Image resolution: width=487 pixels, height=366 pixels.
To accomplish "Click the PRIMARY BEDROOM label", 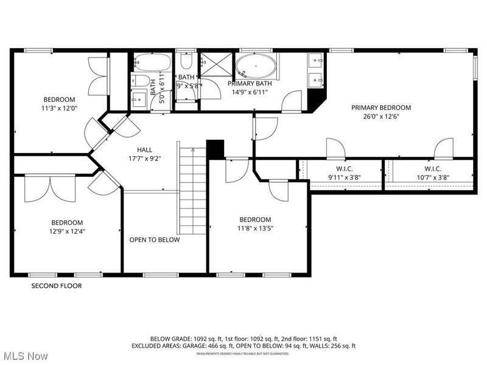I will (x=380, y=107).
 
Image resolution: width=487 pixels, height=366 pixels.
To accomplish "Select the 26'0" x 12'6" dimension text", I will (x=380, y=117).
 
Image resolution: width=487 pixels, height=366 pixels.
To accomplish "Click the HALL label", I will (x=144, y=149).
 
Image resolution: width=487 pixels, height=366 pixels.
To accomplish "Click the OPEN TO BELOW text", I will (x=154, y=240).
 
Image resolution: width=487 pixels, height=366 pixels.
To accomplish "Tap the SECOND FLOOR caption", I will (x=57, y=285).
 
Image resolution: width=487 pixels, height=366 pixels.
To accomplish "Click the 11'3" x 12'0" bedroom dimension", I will (x=58, y=109).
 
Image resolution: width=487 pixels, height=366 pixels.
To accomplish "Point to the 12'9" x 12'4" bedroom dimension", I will (x=67, y=232).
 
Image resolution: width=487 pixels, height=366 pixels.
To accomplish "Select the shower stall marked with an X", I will (x=215, y=66).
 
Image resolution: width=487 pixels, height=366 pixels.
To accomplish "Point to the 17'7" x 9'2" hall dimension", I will (x=144, y=159).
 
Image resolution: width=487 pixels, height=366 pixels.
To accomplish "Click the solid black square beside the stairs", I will (x=215, y=149).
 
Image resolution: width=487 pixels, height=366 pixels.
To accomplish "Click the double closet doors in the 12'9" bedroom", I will (x=50, y=188).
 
